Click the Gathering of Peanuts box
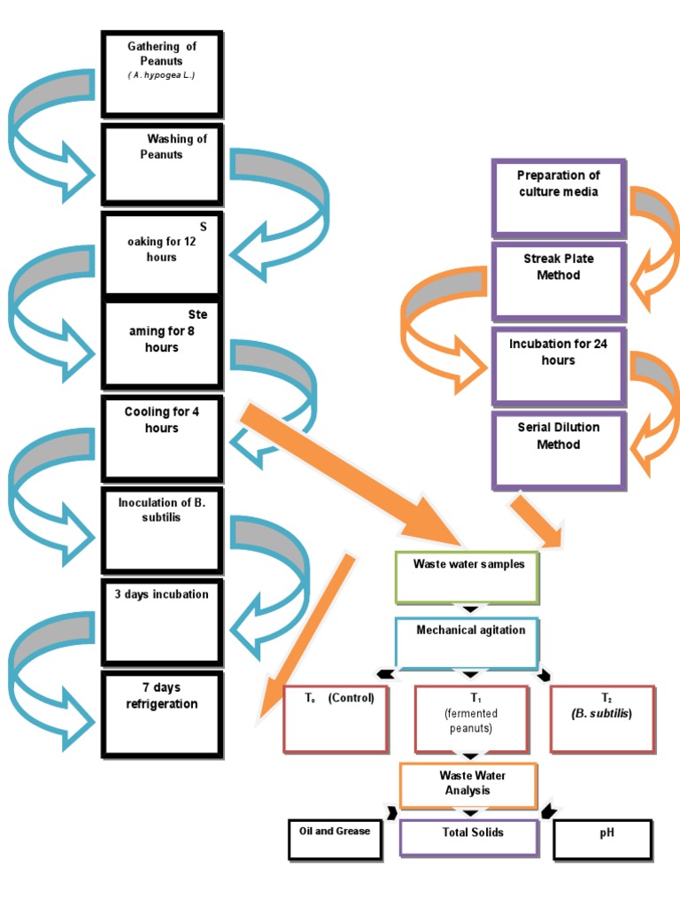click(x=162, y=74)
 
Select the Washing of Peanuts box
click(x=162, y=164)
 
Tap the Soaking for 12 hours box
click(x=162, y=252)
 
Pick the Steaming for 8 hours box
click(x=162, y=345)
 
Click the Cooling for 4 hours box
click(x=162, y=439)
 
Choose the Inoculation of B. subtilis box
click(x=162, y=530)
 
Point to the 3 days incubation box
click(x=162, y=621)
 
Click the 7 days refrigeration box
click(x=162, y=714)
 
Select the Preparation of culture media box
click(x=559, y=198)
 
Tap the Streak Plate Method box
click(x=559, y=281)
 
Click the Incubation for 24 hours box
click(x=559, y=366)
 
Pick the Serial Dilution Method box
click(x=559, y=449)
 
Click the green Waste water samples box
click(x=467, y=577)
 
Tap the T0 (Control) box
click(x=336, y=718)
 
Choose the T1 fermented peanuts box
click(x=470, y=718)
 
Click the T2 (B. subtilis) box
click(x=603, y=718)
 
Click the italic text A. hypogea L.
click(x=161, y=76)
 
